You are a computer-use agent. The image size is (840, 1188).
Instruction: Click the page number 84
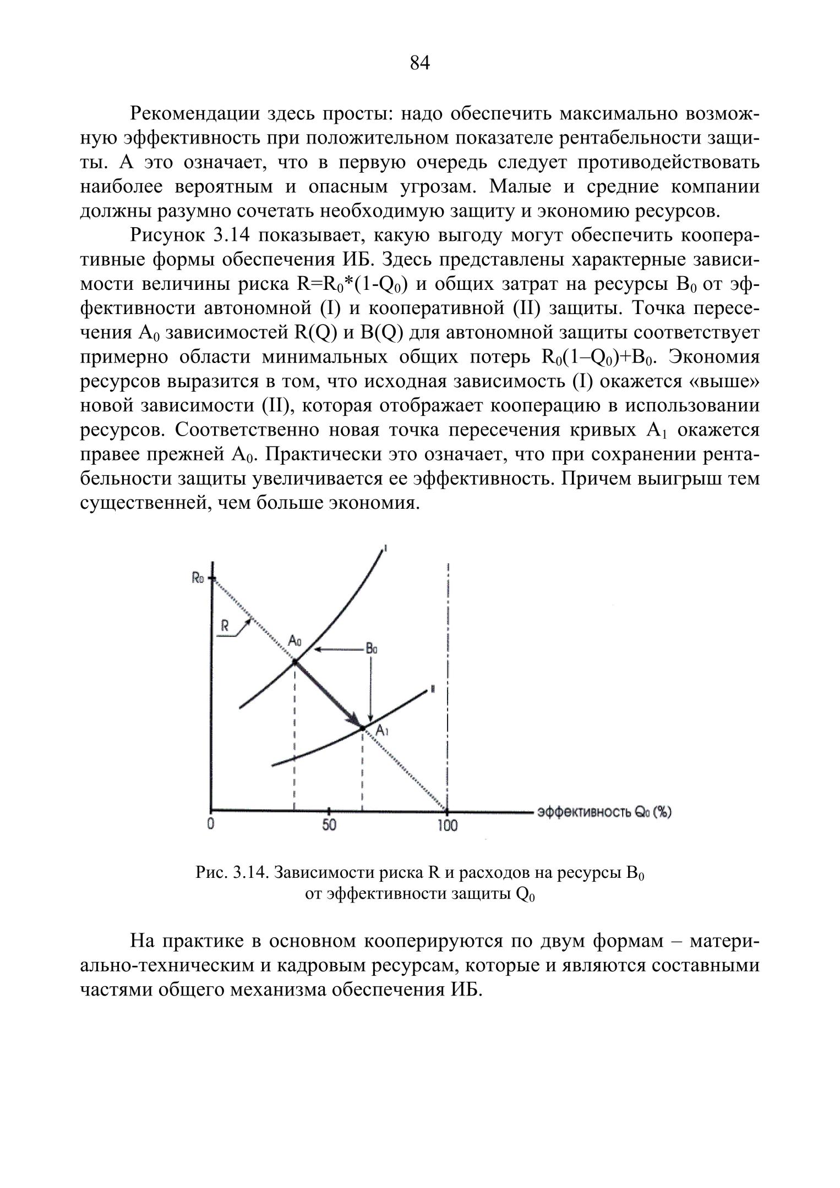click(x=419, y=63)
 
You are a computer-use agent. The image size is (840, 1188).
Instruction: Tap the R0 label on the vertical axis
click(x=198, y=579)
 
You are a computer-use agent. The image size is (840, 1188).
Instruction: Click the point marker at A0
click(x=295, y=661)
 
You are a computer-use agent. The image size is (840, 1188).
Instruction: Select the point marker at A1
click(x=362, y=728)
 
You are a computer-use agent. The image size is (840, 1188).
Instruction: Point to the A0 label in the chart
click(x=295, y=641)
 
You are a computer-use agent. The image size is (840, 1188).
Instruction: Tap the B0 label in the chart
click(x=372, y=649)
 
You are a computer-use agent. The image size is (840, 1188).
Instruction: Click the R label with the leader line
click(x=225, y=625)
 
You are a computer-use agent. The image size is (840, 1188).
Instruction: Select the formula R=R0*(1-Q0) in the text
click(x=352, y=284)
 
